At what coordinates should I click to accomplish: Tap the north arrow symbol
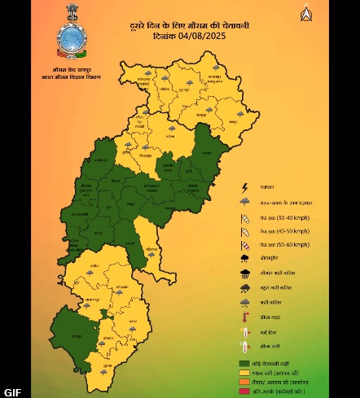(306, 14)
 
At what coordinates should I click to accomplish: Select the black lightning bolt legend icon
(244, 188)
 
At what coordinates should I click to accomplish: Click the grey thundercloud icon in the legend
(244, 202)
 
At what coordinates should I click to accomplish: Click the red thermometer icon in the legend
(244, 317)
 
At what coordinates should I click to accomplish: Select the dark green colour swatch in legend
(244, 362)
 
